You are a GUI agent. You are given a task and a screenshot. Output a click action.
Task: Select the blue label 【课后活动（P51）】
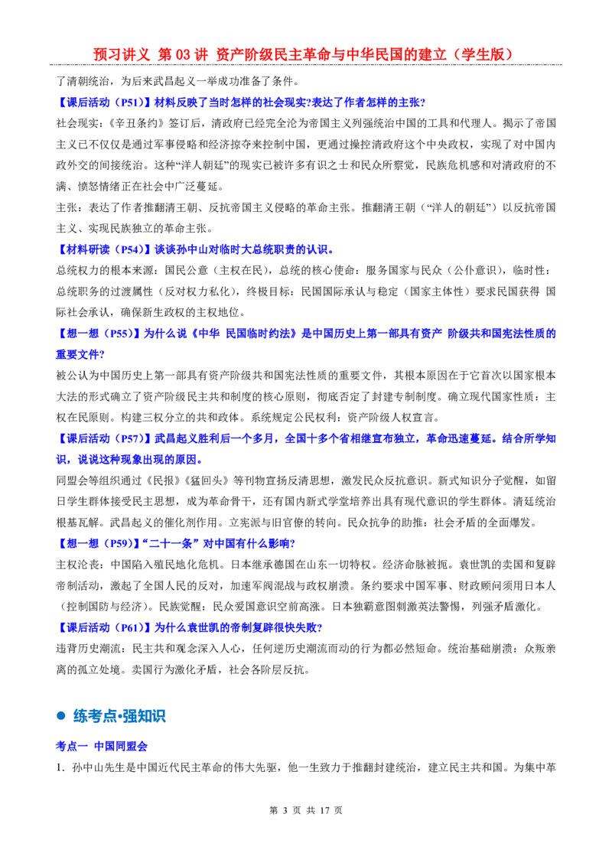coord(104,103)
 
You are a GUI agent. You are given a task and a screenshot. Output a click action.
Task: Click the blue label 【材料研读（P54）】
coord(104,249)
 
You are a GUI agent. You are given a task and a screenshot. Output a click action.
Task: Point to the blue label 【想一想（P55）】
coord(99,334)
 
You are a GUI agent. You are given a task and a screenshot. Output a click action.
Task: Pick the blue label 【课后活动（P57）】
coord(104,438)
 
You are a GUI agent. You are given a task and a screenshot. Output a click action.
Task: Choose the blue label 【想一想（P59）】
coord(99,543)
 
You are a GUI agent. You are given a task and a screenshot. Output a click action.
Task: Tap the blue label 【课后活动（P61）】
coord(104,627)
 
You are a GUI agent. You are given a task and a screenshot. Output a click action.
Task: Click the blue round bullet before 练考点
coord(60,716)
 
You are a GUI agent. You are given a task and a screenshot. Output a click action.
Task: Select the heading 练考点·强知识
coord(119,716)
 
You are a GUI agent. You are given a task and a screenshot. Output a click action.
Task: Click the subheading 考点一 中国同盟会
coord(102,746)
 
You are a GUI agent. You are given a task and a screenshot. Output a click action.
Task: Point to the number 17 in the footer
coord(324,810)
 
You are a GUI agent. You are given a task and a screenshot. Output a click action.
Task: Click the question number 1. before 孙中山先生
coord(61,767)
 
